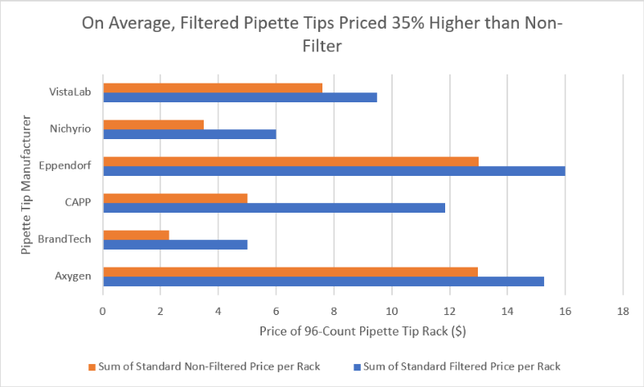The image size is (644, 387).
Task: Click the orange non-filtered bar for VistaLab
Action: (x=213, y=88)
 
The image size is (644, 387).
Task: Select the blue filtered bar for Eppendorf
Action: (x=335, y=171)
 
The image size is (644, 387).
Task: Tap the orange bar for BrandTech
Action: (x=137, y=235)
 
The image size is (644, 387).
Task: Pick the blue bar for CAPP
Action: (x=274, y=208)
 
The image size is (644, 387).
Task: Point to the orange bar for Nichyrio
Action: (x=154, y=125)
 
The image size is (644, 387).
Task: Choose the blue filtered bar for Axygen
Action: (x=324, y=281)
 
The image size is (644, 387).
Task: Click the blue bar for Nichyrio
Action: (x=190, y=134)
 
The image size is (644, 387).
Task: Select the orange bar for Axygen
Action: (x=290, y=272)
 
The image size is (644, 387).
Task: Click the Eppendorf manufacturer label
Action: (x=65, y=166)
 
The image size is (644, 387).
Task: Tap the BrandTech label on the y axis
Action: (x=65, y=239)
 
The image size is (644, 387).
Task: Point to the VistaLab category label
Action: (x=70, y=92)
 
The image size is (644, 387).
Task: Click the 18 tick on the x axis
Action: (x=623, y=312)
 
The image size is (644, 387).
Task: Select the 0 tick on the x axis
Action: (x=102, y=312)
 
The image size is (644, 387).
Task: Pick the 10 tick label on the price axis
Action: (x=392, y=312)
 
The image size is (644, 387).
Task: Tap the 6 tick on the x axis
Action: (x=276, y=312)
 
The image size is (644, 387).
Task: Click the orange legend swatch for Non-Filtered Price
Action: (x=92, y=367)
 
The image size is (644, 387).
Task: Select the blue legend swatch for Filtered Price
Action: (x=357, y=367)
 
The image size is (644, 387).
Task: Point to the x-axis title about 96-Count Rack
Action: (x=363, y=331)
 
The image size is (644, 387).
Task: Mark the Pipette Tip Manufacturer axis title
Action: (x=26, y=185)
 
